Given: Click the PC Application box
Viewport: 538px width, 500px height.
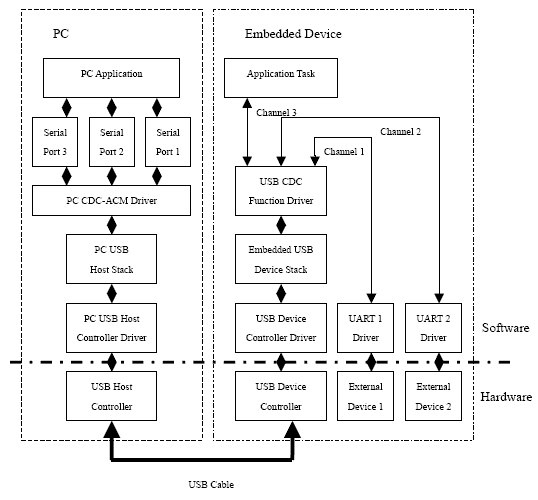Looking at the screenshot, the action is tap(111, 78).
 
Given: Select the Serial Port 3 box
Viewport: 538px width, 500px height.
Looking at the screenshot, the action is tap(55, 142).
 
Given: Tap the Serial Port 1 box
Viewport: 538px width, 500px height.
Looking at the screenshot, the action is tap(168, 142).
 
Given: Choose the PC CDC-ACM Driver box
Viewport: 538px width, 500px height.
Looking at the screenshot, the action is tap(111, 200).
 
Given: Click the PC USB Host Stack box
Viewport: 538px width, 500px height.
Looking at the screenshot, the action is tap(111, 259).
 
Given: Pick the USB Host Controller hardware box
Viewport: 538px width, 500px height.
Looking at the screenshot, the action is tap(111, 396).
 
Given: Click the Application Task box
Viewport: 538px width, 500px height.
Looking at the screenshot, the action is tap(281, 78).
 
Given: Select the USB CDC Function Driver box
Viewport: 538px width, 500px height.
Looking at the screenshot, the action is tap(281, 191).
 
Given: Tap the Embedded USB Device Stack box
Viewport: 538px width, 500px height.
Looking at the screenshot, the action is tap(281, 259).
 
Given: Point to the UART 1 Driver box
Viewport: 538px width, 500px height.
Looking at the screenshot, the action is tap(365, 328).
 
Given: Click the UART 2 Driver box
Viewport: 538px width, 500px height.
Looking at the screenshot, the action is tap(433, 328).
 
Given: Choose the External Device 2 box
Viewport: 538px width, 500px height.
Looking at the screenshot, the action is tap(433, 396).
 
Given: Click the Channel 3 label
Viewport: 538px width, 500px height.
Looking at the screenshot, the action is tap(276, 113).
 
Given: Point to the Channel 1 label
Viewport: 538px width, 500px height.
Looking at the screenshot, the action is tap(344, 151).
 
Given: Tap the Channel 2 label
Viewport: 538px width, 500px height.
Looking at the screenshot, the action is tap(400, 131).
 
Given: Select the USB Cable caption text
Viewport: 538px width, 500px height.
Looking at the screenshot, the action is tap(211, 485).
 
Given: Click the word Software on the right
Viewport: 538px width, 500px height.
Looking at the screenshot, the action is tap(505, 328).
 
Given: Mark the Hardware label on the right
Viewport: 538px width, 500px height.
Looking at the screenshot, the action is tap(506, 397).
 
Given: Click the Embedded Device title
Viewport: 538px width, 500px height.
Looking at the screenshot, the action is tap(293, 34).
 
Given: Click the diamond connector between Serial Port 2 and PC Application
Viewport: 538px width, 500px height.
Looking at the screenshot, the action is tap(112, 107).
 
